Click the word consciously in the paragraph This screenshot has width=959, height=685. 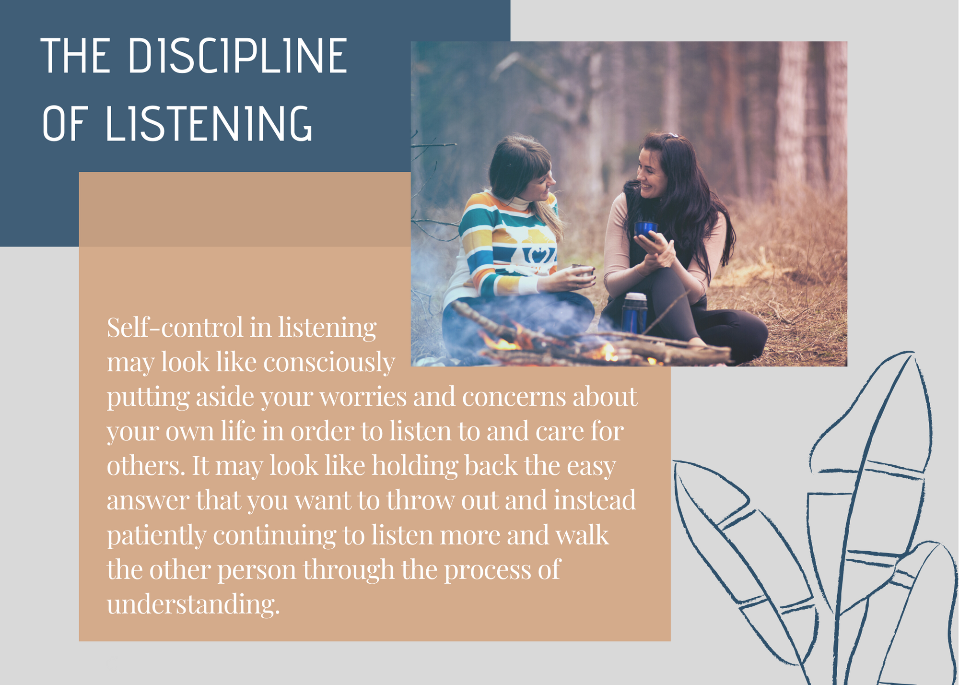click(329, 362)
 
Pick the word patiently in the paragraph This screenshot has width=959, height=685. click(156, 535)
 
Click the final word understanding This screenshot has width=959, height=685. click(193, 604)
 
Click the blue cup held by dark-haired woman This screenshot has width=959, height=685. click(646, 229)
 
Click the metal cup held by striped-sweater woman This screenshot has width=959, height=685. click(583, 270)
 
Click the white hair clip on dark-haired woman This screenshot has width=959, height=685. click(673, 135)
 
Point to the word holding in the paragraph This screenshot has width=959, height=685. click(415, 466)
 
